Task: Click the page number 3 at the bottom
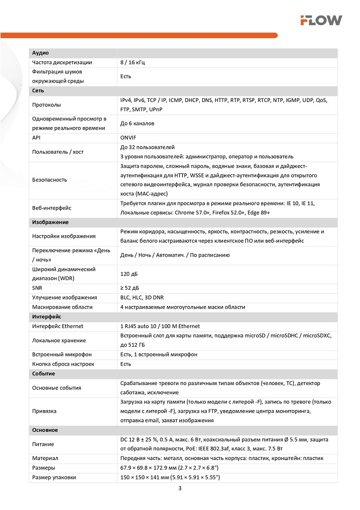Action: [180, 489]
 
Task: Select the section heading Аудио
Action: [41, 53]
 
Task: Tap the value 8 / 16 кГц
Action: [133, 62]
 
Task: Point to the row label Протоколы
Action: [47, 105]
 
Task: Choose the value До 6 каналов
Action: [137, 123]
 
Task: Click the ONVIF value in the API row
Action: [128, 138]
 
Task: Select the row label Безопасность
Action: [49, 180]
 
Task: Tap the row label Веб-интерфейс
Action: [52, 208]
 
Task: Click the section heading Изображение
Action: [50, 222]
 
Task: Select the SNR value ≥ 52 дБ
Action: [130, 288]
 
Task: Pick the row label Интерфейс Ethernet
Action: [58, 326]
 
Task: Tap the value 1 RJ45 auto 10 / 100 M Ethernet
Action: [160, 326]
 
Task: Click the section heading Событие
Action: [44, 374]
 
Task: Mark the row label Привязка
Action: [44, 411]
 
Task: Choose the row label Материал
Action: [45, 458]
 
